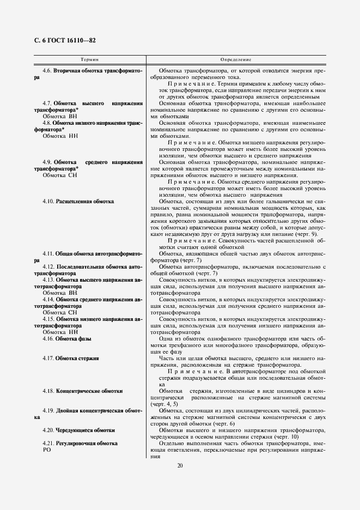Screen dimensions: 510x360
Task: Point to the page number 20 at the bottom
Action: click(x=180, y=465)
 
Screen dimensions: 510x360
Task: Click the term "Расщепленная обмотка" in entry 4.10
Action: click(x=84, y=202)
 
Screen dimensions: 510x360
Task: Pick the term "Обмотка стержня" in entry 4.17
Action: click(x=77, y=359)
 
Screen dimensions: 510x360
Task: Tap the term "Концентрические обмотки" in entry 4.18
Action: click(x=89, y=391)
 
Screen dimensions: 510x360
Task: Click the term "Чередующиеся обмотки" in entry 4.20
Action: click(x=85, y=430)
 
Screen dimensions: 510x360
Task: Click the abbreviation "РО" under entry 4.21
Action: click(x=46, y=450)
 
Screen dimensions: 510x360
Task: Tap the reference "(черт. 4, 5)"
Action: click(x=164, y=404)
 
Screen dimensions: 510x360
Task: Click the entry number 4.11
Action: click(x=49, y=254)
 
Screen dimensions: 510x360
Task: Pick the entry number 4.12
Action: click(x=49, y=267)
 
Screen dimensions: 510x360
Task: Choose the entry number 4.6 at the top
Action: click(x=47, y=71)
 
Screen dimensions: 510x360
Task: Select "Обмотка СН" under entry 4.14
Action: click(x=60, y=313)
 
